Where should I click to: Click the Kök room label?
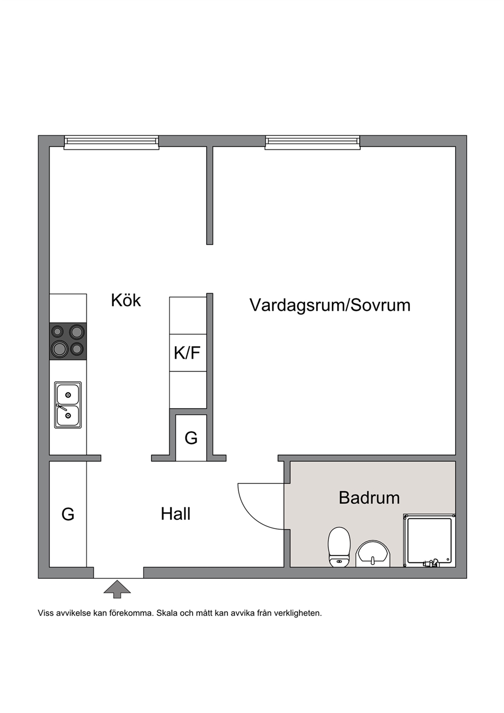point(125,300)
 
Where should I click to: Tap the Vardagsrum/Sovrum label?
point(330,305)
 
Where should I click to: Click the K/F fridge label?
point(187,353)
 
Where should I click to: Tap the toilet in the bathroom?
point(339,547)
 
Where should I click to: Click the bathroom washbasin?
point(372,554)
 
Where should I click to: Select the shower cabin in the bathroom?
point(429,541)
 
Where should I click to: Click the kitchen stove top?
point(68,341)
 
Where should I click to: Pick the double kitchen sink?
point(68,405)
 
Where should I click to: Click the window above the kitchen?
point(111,142)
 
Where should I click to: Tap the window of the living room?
point(312,142)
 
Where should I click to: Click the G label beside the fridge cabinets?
point(191,438)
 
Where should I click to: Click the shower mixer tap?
point(431,563)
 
